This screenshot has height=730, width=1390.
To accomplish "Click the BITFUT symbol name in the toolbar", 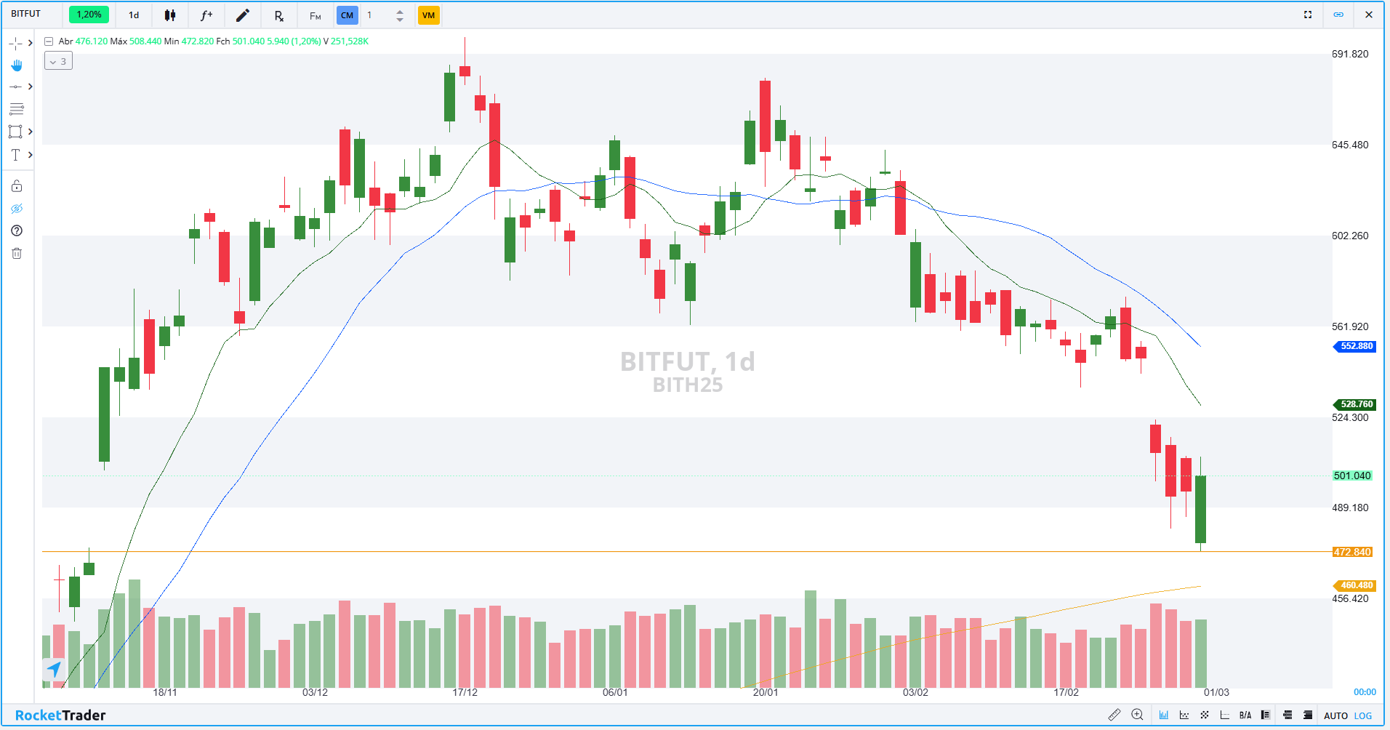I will [26, 14].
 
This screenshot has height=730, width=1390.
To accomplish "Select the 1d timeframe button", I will [134, 15].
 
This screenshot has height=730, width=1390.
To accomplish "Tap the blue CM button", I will [347, 15].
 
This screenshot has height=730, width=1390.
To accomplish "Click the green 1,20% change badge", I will [89, 15].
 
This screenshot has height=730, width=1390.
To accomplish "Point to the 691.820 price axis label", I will [1349, 54].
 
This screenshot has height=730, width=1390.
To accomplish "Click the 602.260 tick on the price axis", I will [1349, 236].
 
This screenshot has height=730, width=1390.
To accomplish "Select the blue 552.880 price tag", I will [1356, 346].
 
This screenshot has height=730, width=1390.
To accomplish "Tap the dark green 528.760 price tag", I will [1356, 404].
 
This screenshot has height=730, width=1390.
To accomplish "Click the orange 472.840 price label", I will [1351, 552].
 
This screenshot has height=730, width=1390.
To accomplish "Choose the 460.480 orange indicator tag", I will [1356, 585].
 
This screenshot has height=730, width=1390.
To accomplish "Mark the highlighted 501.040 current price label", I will [1351, 476].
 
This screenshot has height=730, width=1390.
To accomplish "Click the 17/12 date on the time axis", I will [465, 692].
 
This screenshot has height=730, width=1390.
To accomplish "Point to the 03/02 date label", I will [915, 692].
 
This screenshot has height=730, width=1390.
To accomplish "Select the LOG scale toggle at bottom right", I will [1363, 715].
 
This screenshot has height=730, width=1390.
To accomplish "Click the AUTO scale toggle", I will [1335, 715].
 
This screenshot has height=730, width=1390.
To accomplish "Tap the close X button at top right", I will [1369, 15].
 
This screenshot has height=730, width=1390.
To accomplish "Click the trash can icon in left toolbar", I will [17, 253].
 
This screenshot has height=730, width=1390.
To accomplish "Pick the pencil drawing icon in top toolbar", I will [243, 15].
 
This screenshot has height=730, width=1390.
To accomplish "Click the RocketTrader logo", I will [60, 715].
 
